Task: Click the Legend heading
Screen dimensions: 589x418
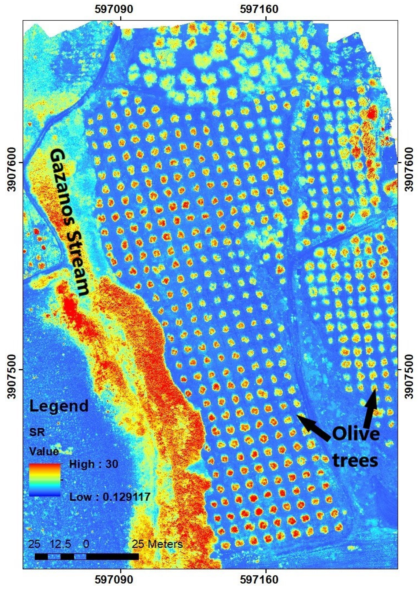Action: (59, 406)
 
